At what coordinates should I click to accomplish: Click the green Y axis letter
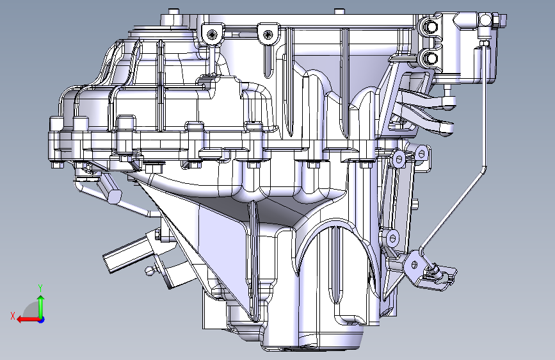tap(40, 288)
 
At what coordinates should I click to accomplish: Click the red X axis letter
tap(13, 316)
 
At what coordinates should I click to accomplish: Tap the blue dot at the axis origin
tap(42, 320)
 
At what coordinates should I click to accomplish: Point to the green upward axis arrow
tap(41, 306)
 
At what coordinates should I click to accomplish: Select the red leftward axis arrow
tap(28, 320)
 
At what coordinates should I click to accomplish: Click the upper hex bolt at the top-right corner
tap(429, 26)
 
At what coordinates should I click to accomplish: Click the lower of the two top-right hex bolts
tap(429, 58)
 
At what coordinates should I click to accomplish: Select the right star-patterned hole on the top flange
tap(269, 35)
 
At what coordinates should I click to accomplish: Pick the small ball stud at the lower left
tap(150, 271)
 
